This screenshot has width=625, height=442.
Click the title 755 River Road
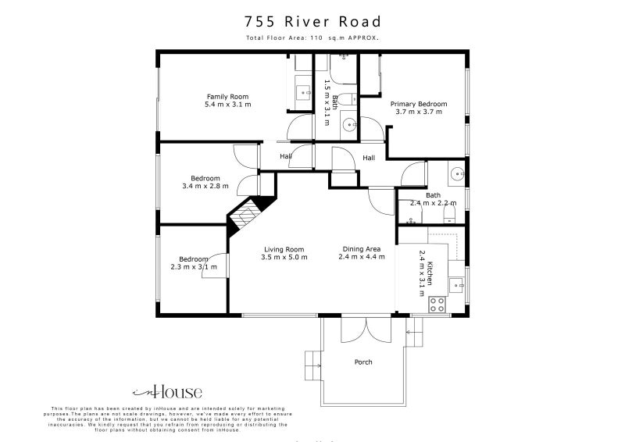pos(312,21)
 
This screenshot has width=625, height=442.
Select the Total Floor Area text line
pos(312,37)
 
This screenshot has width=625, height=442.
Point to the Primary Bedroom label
pos(419,104)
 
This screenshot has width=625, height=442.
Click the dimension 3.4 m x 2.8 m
pos(205,186)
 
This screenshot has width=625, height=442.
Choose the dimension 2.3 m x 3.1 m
pos(195,267)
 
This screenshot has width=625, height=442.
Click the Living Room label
pos(284,249)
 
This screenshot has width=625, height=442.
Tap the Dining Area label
pos(362,249)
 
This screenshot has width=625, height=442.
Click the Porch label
pos(363,362)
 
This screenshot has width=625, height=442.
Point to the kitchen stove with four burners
pos(437,305)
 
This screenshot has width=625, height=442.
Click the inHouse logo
pos(166,392)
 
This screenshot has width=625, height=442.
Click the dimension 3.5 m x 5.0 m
pos(284,257)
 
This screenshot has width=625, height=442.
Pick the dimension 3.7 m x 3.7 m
pos(419,112)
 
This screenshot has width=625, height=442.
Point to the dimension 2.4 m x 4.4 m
pos(362,257)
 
